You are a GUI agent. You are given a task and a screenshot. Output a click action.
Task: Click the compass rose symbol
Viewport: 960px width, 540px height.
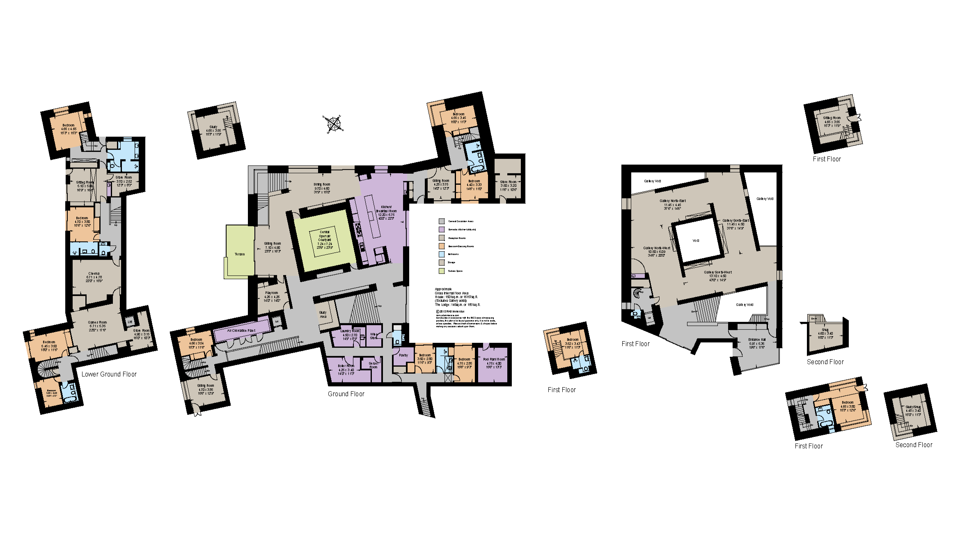pyautogui.click(x=333, y=124)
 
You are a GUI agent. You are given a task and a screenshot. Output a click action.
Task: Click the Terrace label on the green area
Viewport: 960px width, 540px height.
pyautogui.click(x=240, y=254)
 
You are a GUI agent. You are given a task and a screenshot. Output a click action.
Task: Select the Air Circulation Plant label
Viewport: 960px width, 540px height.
pyautogui.click(x=241, y=331)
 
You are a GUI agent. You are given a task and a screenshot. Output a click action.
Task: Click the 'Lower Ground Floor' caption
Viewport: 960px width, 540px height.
pyautogui.click(x=109, y=374)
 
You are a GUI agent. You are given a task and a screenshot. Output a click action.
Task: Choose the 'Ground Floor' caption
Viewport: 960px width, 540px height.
pyautogui.click(x=346, y=394)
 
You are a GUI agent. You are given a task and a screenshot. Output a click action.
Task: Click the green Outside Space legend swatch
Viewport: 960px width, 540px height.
pyautogui.click(x=442, y=271)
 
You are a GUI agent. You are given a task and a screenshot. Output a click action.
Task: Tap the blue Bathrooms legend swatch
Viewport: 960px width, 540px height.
pyautogui.click(x=442, y=254)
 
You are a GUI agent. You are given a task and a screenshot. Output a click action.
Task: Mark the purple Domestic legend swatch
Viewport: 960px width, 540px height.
pyautogui.click(x=442, y=230)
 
